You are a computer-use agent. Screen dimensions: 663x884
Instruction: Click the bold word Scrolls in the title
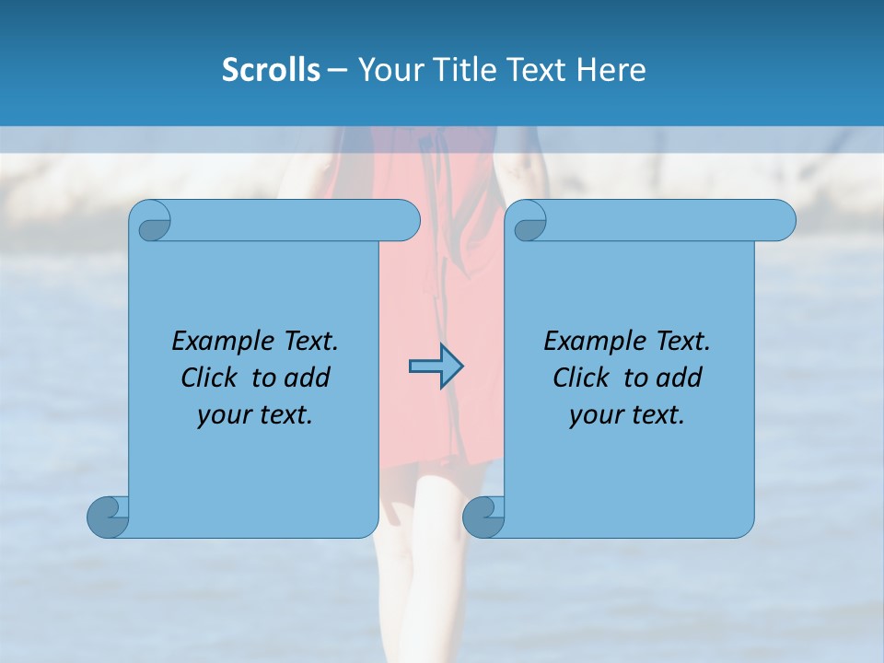tap(271, 70)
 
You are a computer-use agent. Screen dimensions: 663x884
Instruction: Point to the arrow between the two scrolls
tap(436, 366)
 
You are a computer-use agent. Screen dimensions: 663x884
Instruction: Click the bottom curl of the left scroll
tap(108, 518)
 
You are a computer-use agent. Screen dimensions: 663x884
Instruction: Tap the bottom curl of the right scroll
tap(483, 518)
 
